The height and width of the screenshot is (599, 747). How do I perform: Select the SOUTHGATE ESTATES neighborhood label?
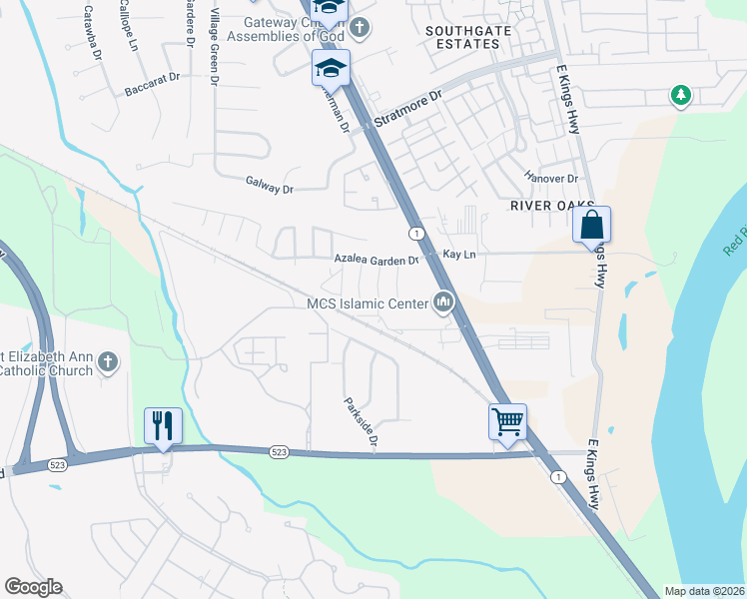coord(462,38)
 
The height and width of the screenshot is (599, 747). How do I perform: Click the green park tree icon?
coord(681,96)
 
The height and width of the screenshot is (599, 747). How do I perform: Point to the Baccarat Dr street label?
coord(152,84)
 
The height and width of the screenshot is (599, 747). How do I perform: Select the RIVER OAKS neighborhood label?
coord(545,205)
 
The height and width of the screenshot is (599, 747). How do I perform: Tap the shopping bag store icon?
coord(592,225)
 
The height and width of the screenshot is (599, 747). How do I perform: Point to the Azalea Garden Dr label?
coord(375,260)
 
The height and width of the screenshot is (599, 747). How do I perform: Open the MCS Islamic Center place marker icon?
coord(444,301)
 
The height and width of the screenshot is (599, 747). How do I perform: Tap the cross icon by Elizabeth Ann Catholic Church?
coord(109,361)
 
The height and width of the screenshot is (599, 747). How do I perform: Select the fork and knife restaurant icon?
coord(162,424)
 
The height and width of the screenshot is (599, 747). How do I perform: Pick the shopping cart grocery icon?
coord(507,421)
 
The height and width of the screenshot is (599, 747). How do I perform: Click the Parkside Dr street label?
coord(362,422)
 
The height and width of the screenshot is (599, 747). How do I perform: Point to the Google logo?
coord(34,587)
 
